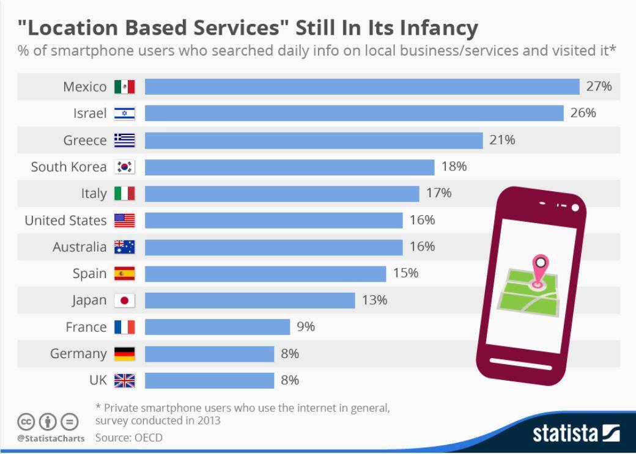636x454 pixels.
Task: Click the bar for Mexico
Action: tap(362, 87)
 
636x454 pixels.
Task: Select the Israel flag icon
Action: tap(125, 114)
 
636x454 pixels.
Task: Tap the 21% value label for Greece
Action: tap(502, 140)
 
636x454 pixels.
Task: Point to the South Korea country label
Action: tap(68, 167)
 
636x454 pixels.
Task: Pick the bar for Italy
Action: tap(282, 193)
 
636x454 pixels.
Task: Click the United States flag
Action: tap(125, 220)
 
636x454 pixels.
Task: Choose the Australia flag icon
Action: tap(125, 247)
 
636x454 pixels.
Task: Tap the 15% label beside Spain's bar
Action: tap(405, 273)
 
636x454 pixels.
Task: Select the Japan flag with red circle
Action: tap(125, 301)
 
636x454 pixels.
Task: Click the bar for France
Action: tap(218, 327)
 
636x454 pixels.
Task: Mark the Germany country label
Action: tap(78, 354)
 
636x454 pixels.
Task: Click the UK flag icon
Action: tap(125, 381)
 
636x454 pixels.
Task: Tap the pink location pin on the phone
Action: tap(540, 270)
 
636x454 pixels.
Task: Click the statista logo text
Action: tap(565, 433)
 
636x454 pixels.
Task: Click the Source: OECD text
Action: tap(129, 438)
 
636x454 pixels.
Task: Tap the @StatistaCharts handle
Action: tap(51, 438)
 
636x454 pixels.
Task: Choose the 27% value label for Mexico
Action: tap(599, 86)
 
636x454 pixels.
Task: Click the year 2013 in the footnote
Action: tap(208, 420)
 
